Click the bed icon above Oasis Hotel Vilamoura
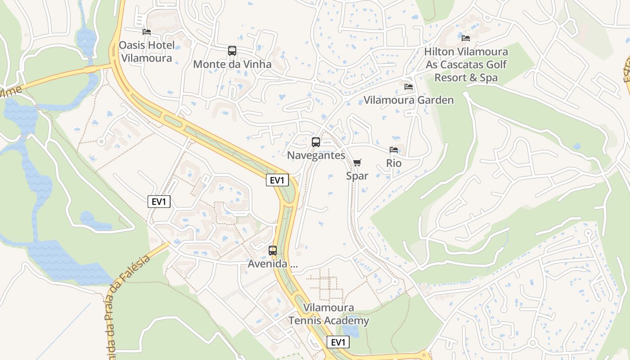[146, 32]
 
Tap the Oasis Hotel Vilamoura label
[146, 52]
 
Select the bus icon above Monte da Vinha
[232, 51]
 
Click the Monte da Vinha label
[232, 64]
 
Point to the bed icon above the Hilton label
[466, 38]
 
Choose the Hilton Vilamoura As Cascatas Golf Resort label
[466, 65]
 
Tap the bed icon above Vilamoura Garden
[409, 86]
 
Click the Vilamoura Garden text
[409, 100]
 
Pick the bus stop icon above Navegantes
[316, 142]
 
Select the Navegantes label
[316, 156]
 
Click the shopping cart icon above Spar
[357, 162]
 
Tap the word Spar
[357, 176]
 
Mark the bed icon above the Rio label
[394, 150]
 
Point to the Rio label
[394, 163]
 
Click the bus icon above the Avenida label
[273, 251]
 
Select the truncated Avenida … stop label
[273, 264]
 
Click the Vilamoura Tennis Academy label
[328, 315]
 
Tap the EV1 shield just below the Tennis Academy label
[338, 342]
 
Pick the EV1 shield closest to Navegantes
[277, 180]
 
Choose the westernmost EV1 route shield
[159, 202]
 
